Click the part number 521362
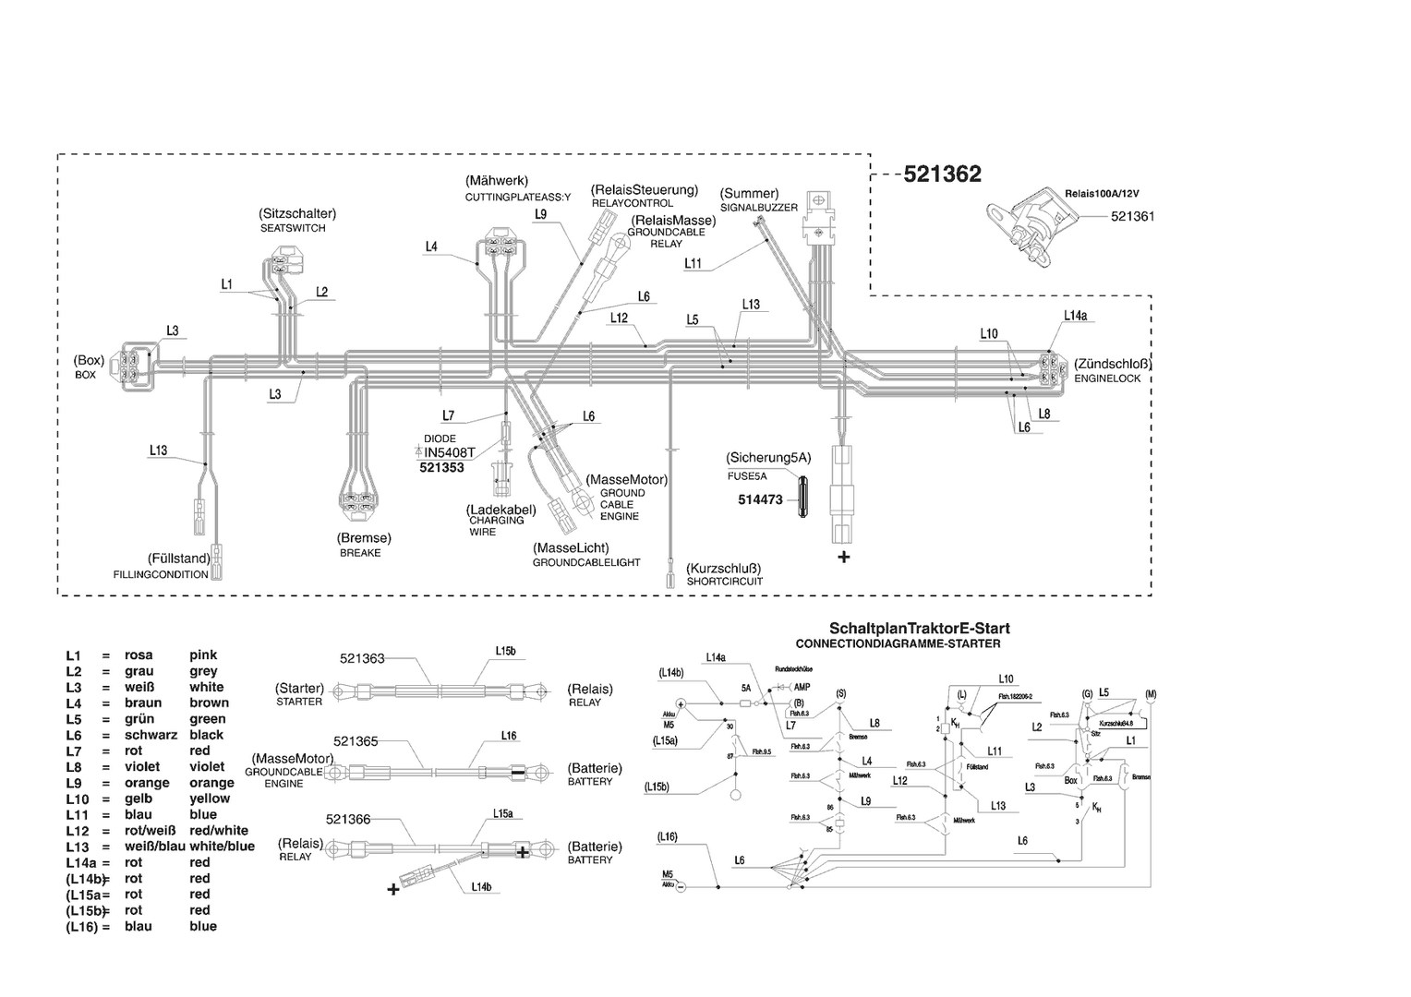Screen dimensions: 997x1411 [x=942, y=174]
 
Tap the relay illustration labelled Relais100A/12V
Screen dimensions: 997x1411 [x=1026, y=225]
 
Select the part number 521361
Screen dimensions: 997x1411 [x=1132, y=216]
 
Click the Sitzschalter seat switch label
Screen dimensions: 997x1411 [x=297, y=213]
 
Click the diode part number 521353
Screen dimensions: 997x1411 [x=441, y=468]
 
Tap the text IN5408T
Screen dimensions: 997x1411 [x=449, y=452]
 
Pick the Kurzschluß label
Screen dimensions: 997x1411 [x=724, y=568]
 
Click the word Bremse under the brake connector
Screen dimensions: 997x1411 [x=364, y=537]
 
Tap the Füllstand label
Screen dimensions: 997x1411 [x=178, y=559]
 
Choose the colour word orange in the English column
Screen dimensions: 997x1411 [x=211, y=783]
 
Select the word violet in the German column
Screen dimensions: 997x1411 [x=142, y=767]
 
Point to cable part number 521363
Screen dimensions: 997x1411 [x=362, y=658]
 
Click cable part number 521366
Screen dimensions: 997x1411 [x=348, y=819]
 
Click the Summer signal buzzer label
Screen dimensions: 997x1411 [x=749, y=194]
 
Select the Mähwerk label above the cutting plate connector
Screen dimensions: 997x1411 [x=497, y=180]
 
